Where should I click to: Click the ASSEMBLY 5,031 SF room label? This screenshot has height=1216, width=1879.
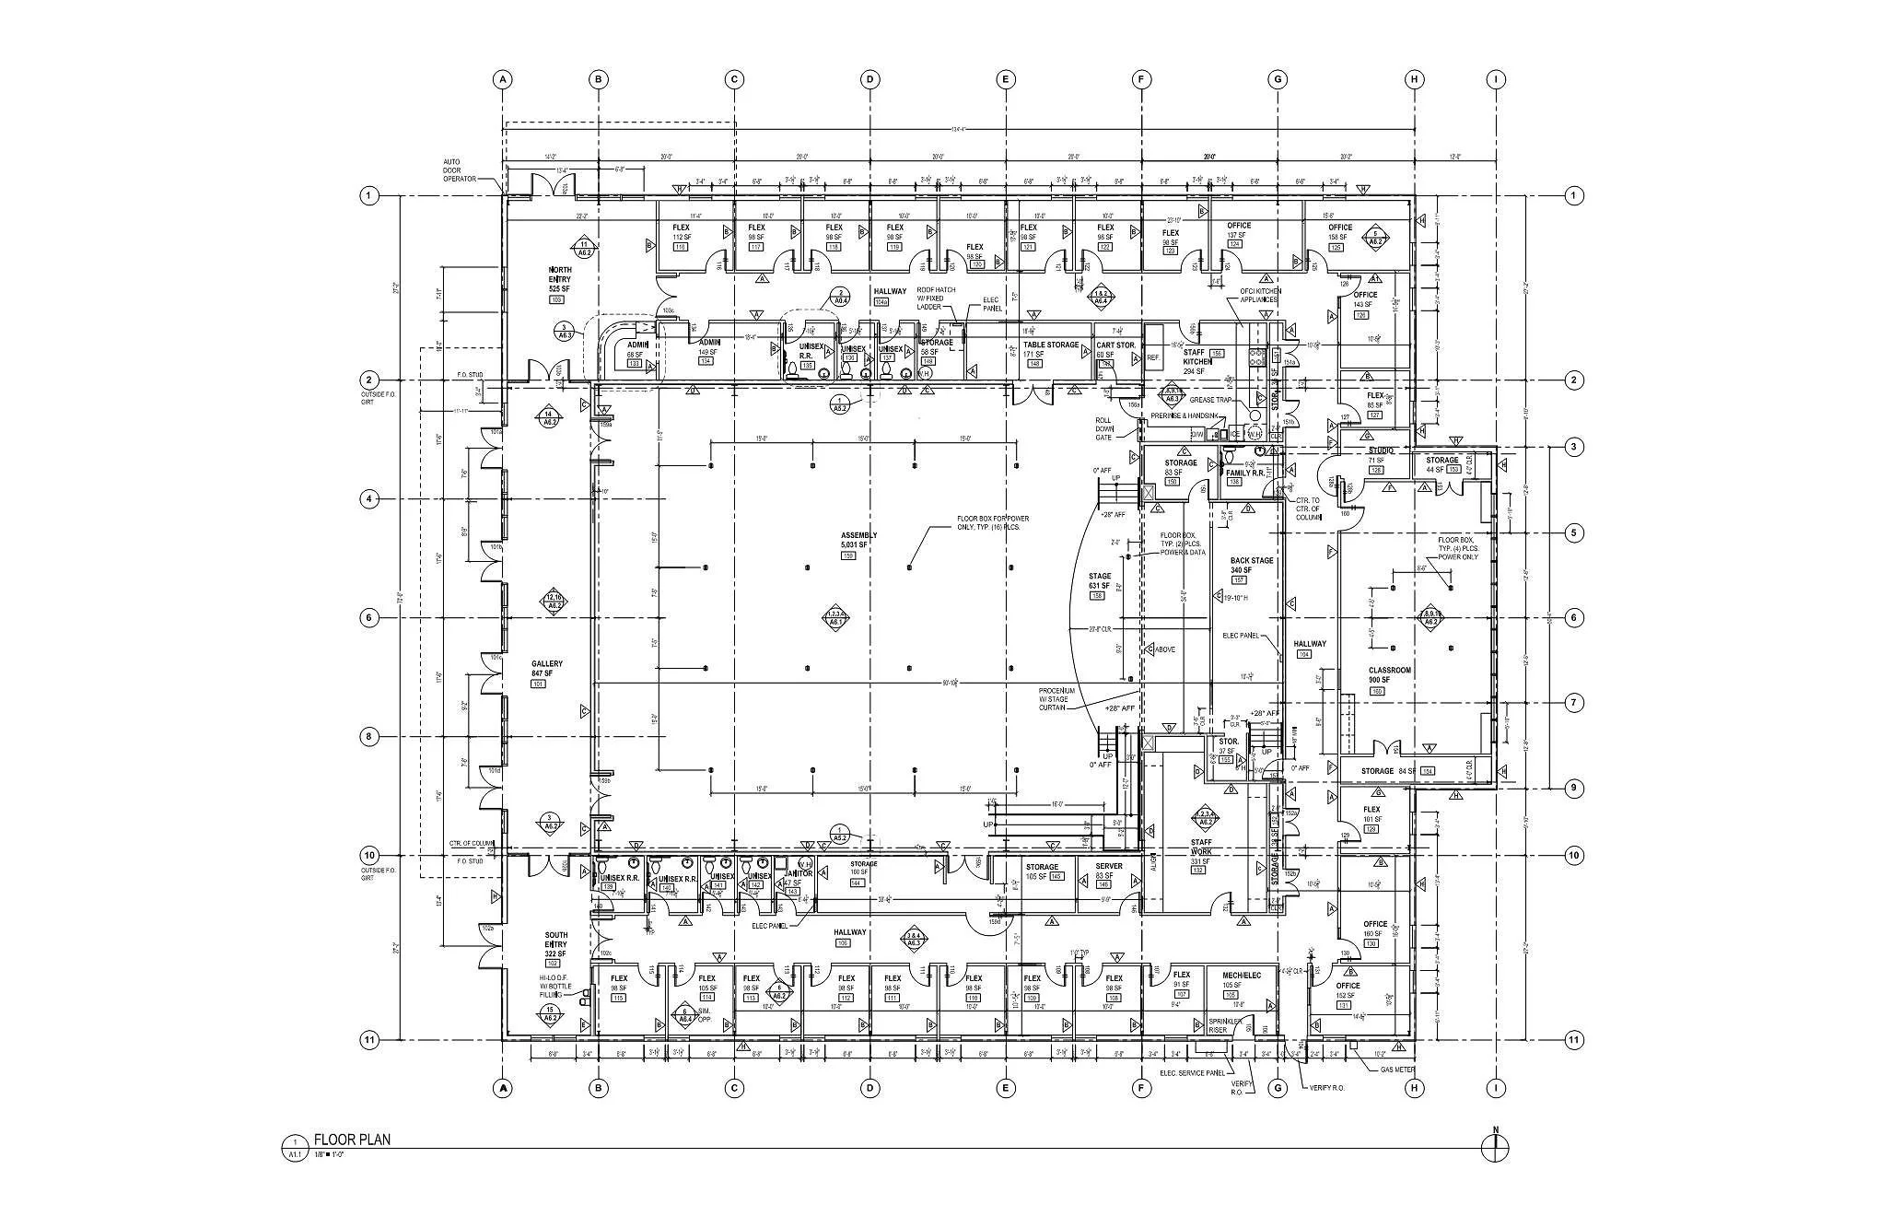(x=858, y=541)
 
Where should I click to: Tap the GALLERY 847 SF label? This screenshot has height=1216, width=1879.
(x=547, y=669)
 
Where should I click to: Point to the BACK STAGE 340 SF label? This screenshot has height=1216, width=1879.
(x=1252, y=566)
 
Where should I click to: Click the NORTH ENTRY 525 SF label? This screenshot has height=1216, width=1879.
(x=559, y=280)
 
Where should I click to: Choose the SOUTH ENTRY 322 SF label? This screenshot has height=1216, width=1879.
(x=556, y=944)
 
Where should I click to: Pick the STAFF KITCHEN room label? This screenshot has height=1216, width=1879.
(x=1197, y=357)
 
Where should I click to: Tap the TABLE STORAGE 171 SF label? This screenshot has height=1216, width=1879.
(x=1050, y=349)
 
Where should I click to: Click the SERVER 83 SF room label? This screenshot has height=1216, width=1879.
(x=1108, y=871)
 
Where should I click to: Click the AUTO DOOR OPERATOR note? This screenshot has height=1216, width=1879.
(x=460, y=170)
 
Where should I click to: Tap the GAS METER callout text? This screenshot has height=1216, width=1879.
(x=1396, y=1070)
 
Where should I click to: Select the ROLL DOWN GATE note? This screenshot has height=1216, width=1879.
(x=1104, y=428)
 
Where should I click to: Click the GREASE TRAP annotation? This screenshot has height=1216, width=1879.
(x=1209, y=401)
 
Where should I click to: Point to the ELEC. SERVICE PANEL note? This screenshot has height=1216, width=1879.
(x=1192, y=1073)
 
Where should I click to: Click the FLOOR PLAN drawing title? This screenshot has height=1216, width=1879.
(x=352, y=1140)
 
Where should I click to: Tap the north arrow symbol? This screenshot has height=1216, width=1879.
(x=1495, y=1147)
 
